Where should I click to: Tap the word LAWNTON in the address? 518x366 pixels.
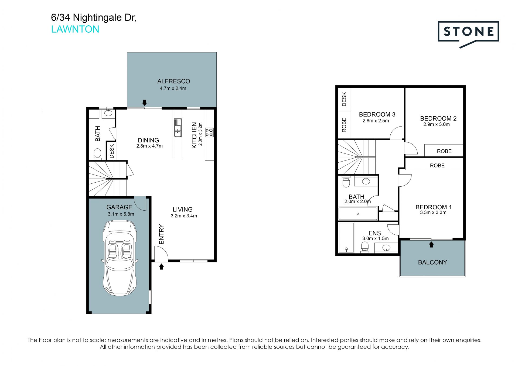(x=75, y=29)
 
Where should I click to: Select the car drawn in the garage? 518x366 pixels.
(x=120, y=258)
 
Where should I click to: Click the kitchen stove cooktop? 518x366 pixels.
(x=209, y=132)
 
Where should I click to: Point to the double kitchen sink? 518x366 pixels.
(x=178, y=128)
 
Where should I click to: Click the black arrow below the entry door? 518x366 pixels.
(x=161, y=267)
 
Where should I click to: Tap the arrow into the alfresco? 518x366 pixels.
(x=145, y=102)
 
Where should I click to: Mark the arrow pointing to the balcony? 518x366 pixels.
(x=431, y=244)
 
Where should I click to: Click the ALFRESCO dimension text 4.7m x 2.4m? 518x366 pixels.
(x=173, y=88)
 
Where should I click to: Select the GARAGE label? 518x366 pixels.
(x=119, y=207)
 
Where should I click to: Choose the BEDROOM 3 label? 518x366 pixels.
(x=377, y=114)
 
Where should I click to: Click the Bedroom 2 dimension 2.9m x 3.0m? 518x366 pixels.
(x=437, y=124)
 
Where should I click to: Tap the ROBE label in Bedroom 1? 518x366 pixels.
(x=437, y=166)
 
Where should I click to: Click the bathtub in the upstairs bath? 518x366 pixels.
(x=358, y=214)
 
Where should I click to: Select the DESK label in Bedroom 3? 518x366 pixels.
(x=344, y=99)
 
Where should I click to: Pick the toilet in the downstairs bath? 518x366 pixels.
(x=97, y=154)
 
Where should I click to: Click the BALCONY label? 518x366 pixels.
(x=432, y=262)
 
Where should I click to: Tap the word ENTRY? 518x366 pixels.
(x=161, y=234)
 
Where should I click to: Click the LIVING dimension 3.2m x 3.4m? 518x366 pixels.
(x=184, y=216)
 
